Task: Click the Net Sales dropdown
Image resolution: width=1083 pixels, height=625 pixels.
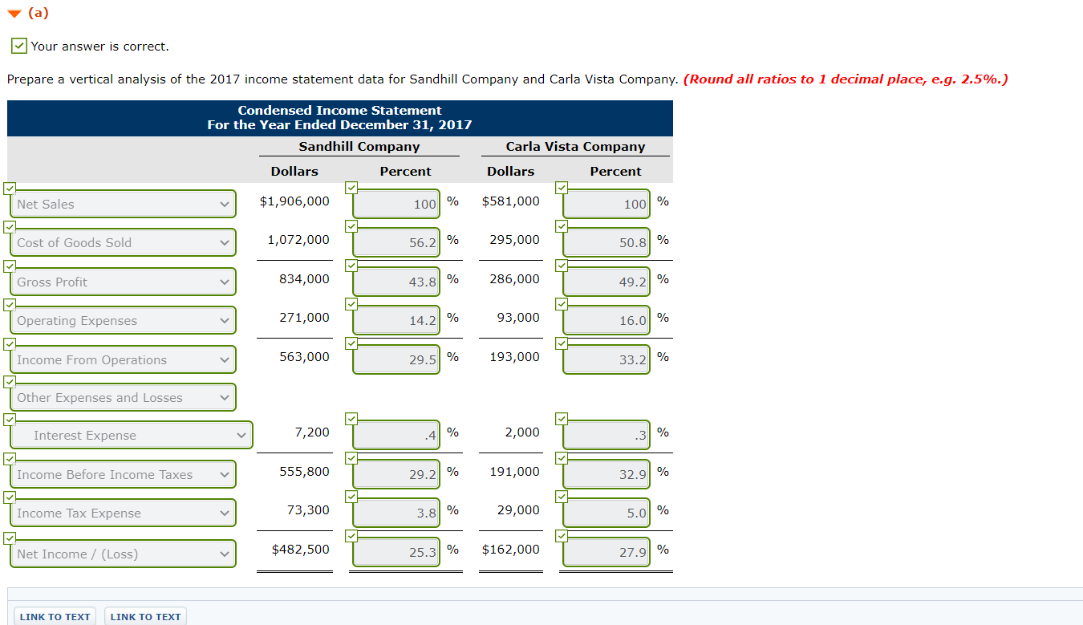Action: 123,205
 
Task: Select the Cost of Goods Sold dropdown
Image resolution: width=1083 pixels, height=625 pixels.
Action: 123,243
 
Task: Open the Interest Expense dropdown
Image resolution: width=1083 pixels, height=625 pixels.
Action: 131,436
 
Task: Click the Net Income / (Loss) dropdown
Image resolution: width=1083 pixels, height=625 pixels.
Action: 123,554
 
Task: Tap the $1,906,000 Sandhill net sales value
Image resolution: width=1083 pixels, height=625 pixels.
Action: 294,201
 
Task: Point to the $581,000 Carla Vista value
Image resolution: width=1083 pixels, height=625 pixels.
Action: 511,201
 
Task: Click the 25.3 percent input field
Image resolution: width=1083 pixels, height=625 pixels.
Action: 396,552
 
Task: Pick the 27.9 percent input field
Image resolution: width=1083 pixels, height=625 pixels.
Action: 606,552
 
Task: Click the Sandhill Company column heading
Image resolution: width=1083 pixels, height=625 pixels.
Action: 359,147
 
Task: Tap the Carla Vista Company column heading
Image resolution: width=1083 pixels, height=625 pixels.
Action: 575,147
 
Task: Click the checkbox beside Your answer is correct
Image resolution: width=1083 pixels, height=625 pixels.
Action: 19,47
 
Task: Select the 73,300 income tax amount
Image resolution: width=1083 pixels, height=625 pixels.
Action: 308,510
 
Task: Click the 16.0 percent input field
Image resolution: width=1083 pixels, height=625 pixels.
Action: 606,320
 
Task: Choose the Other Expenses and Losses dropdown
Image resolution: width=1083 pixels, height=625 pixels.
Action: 123,398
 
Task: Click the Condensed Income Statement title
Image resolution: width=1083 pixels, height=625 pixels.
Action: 339,111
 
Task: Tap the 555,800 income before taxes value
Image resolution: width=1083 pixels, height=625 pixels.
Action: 304,472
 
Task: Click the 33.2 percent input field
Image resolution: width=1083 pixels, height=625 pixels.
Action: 606,359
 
